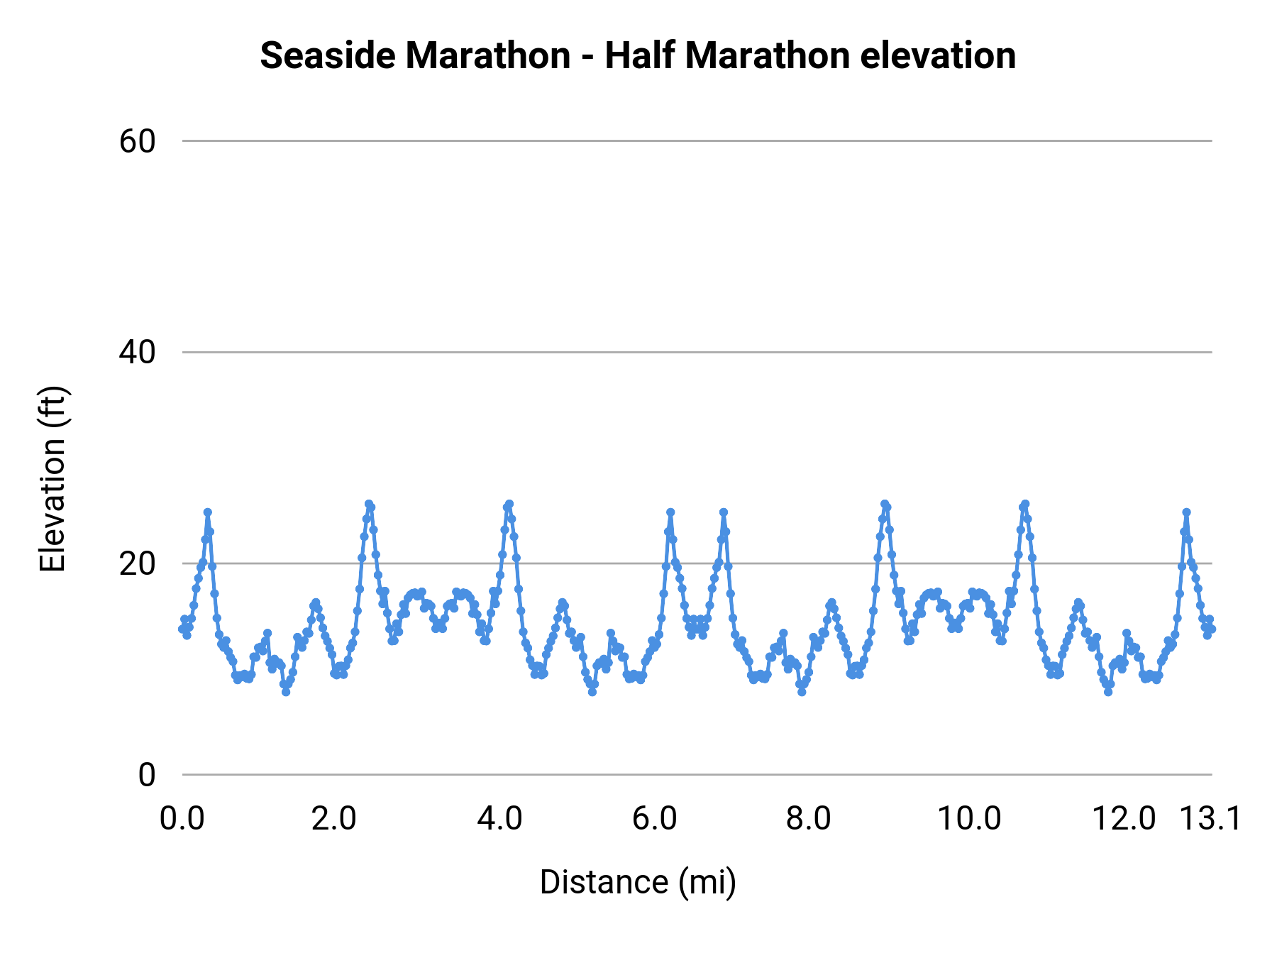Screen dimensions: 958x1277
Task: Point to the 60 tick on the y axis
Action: pos(137,141)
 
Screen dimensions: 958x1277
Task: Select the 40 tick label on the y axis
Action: pos(137,352)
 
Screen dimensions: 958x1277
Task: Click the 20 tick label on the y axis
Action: pos(137,563)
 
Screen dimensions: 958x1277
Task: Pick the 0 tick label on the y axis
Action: pos(146,775)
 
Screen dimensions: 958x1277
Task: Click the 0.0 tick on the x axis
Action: pos(182,818)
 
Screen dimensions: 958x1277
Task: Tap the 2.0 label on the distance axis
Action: pos(334,818)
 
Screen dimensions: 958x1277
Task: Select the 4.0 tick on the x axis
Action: pos(499,818)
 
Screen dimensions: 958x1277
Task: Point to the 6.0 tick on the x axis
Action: pos(654,818)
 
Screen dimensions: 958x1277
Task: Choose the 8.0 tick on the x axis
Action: pos(809,818)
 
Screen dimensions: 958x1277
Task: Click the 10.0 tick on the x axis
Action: pos(969,818)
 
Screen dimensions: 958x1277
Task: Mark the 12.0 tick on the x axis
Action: pos(1124,818)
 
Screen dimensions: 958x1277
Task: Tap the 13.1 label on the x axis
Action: pos(1210,818)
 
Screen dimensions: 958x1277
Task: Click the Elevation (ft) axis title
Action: pos(52,479)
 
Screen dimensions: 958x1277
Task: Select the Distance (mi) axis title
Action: pos(638,882)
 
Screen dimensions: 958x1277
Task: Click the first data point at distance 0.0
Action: pos(182,629)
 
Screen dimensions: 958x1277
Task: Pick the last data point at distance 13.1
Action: pos(1212,629)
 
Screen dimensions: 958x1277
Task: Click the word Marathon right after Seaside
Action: pos(488,55)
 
